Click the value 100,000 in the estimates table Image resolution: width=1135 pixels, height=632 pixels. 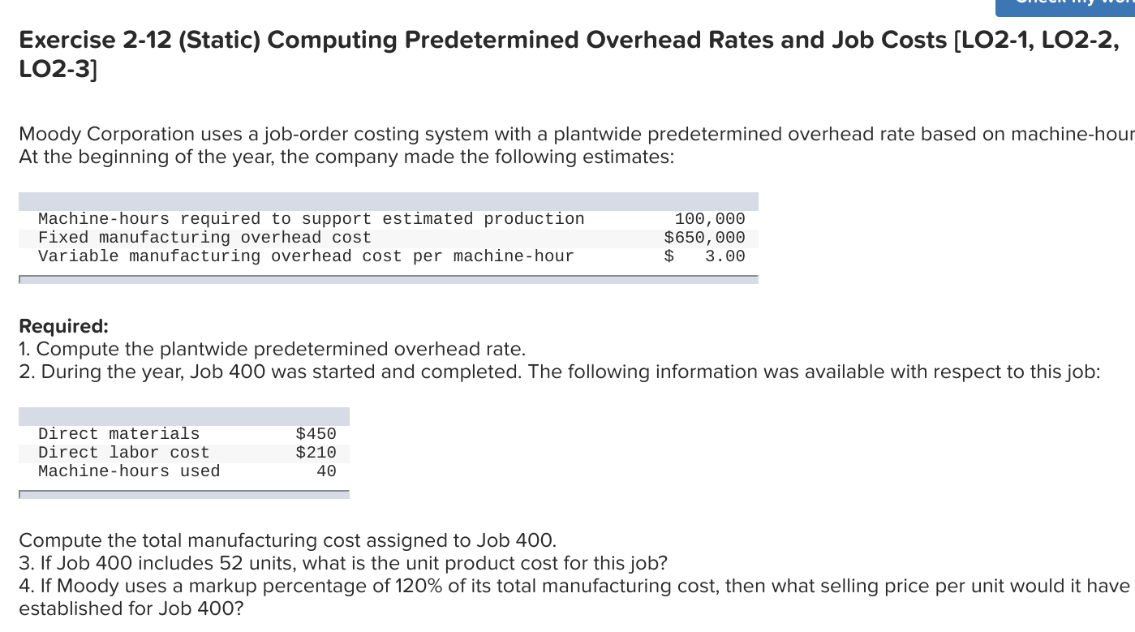coord(709,219)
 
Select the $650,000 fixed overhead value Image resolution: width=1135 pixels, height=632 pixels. coord(704,238)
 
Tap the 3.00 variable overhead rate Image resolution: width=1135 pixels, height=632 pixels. coord(724,256)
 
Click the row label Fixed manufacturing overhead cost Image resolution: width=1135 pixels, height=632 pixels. coord(204,238)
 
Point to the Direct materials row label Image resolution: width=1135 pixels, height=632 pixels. coord(118,434)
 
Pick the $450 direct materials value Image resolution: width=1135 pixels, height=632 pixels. coord(316,434)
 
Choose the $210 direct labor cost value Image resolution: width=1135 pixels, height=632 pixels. coord(316,453)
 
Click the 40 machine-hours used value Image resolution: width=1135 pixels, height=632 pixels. coord(326,471)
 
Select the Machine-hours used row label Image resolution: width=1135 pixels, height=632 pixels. coord(129,471)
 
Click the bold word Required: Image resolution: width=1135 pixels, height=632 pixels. coord(63,326)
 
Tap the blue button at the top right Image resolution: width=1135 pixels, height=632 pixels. coord(1064,7)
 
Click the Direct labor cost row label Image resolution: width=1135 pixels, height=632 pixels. coord(123,453)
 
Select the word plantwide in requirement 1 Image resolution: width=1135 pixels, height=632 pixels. coord(204,350)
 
